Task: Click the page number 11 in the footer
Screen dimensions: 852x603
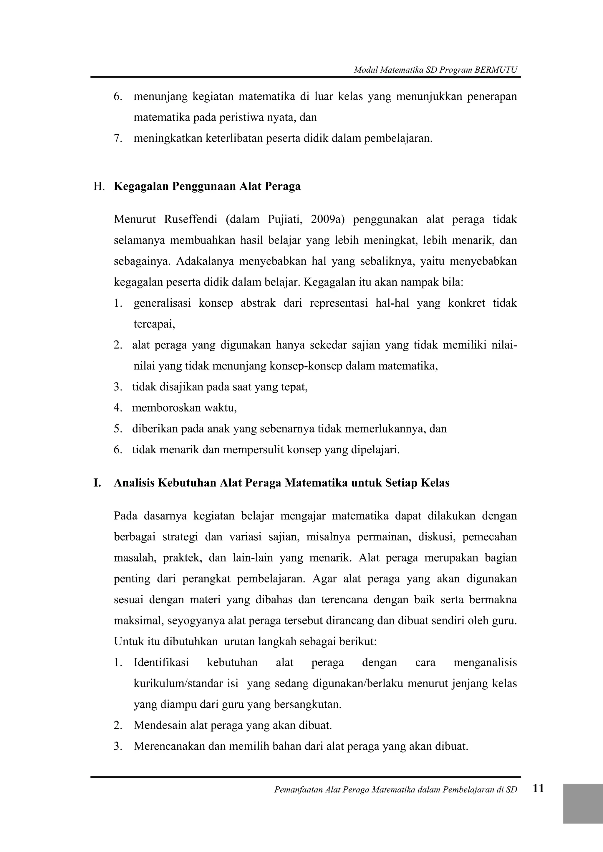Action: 538,798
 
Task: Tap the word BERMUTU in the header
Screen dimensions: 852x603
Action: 496,70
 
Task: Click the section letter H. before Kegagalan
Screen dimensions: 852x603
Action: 99,186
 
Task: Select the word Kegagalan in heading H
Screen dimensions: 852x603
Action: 141,186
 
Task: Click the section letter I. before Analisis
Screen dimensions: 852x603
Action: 97,483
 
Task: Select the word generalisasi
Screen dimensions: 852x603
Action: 162,303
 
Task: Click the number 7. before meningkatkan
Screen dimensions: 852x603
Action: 118,139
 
